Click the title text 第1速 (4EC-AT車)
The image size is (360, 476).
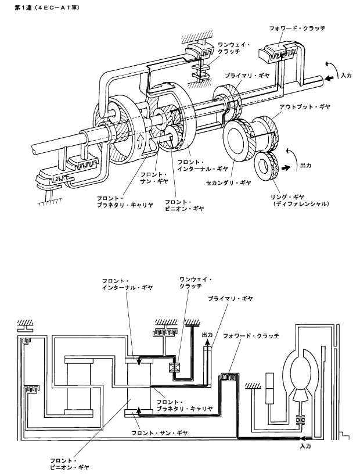click(x=47, y=8)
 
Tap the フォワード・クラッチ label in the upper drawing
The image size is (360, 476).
click(x=297, y=28)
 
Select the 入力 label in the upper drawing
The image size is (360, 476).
click(x=345, y=75)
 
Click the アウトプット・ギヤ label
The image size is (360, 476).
click(x=305, y=107)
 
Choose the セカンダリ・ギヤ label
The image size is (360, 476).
click(x=229, y=182)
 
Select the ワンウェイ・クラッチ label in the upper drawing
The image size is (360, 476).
click(x=233, y=48)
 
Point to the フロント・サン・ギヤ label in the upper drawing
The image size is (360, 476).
click(x=154, y=178)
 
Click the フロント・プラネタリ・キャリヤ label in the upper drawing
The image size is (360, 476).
click(x=125, y=202)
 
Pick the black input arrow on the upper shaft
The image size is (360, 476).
click(x=329, y=78)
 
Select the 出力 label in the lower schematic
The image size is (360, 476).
click(x=207, y=335)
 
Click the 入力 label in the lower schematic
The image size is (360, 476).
click(x=305, y=446)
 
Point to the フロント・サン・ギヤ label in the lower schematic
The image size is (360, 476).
click(x=160, y=433)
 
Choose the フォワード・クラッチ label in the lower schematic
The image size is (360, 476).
click(x=251, y=336)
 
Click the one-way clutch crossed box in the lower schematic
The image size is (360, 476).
click(x=175, y=368)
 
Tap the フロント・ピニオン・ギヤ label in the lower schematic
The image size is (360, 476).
click(x=70, y=464)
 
